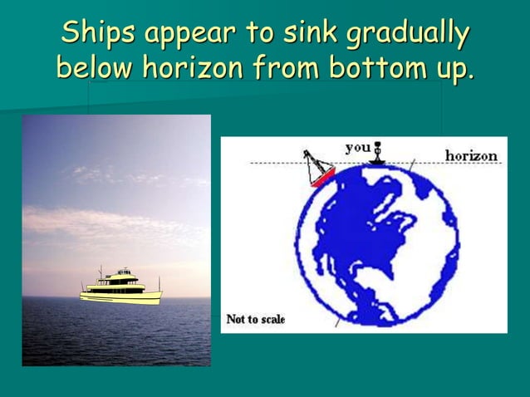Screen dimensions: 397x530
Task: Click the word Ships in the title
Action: [98, 33]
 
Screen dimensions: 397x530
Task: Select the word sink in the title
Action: [308, 33]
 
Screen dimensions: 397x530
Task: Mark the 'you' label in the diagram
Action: [357, 147]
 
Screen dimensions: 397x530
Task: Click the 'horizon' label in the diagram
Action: [471, 155]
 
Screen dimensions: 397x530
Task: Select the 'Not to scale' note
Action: [256, 319]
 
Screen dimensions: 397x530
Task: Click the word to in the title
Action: [259, 33]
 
